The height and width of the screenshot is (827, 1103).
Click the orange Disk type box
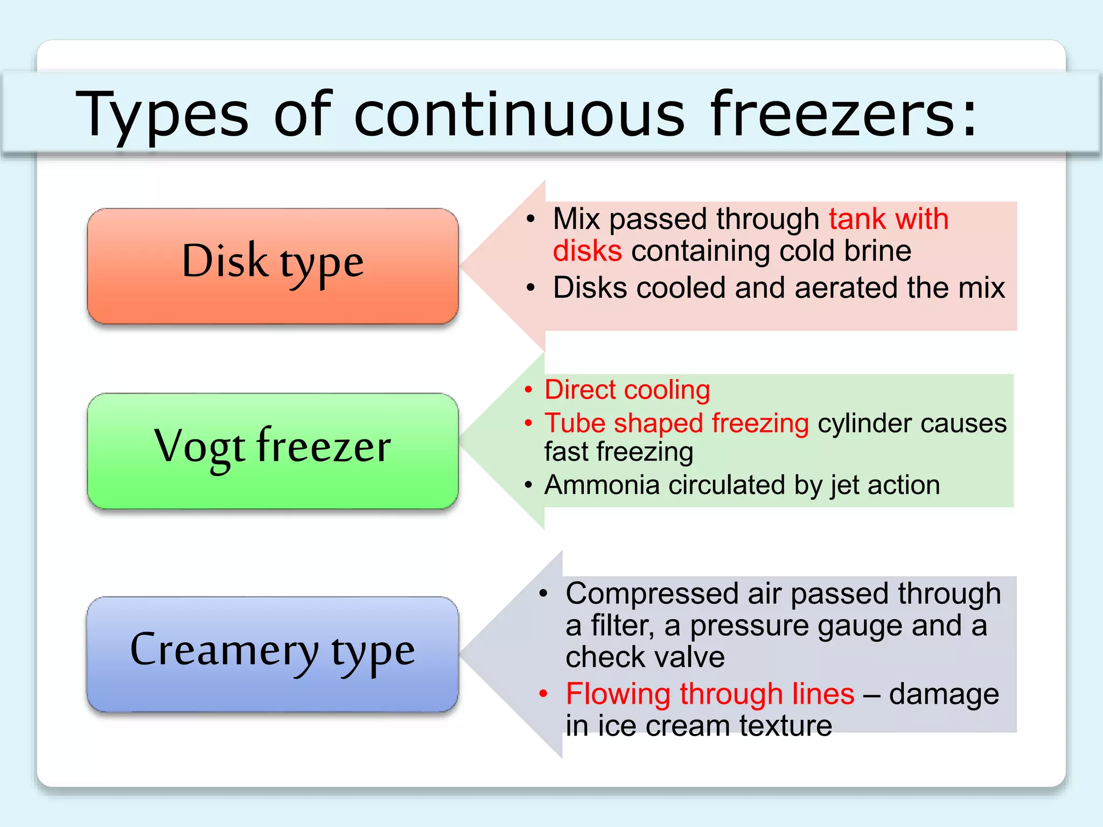click(273, 266)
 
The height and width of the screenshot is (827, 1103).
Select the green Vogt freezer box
click(273, 450)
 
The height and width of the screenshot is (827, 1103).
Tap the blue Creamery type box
click(273, 654)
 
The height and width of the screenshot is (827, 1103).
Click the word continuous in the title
click(519, 114)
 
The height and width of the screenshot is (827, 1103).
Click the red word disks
click(587, 251)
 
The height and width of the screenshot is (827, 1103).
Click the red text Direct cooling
click(627, 390)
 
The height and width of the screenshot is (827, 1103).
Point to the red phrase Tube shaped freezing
click(676, 423)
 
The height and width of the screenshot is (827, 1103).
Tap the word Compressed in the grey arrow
click(652, 594)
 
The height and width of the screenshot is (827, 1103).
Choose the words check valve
click(645, 657)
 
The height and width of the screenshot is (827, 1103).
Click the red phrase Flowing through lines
click(710, 694)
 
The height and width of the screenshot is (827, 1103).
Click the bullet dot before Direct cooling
click(528, 390)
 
